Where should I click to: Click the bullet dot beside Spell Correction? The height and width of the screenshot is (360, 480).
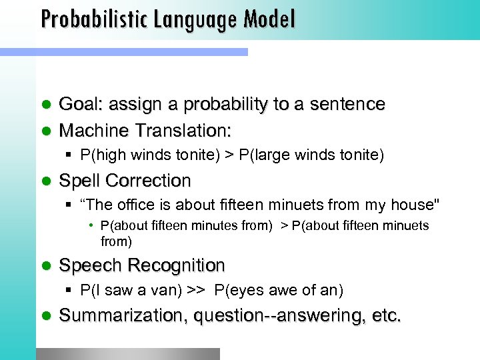[45, 181]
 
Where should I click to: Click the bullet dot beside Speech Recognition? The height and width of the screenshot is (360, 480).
[45, 266]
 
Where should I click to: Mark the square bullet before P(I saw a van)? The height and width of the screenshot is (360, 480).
[70, 291]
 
